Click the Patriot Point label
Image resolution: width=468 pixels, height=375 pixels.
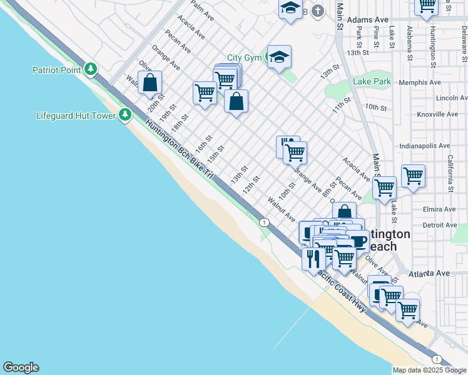(56, 70)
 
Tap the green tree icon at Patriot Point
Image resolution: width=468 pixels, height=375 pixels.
(91, 68)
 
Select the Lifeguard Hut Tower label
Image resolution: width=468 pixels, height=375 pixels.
(76, 116)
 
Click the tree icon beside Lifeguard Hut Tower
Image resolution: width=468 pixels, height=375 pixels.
(125, 114)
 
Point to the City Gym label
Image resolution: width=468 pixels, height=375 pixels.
(243, 57)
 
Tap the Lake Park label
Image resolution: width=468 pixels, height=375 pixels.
(372, 82)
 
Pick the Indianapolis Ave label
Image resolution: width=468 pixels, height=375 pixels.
(424, 146)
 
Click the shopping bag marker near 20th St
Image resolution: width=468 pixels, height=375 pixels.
(150, 82)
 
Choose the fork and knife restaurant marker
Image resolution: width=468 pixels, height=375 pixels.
(313, 257)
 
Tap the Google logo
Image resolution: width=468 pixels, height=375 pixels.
(21, 367)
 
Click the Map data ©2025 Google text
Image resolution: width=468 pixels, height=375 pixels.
(430, 370)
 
